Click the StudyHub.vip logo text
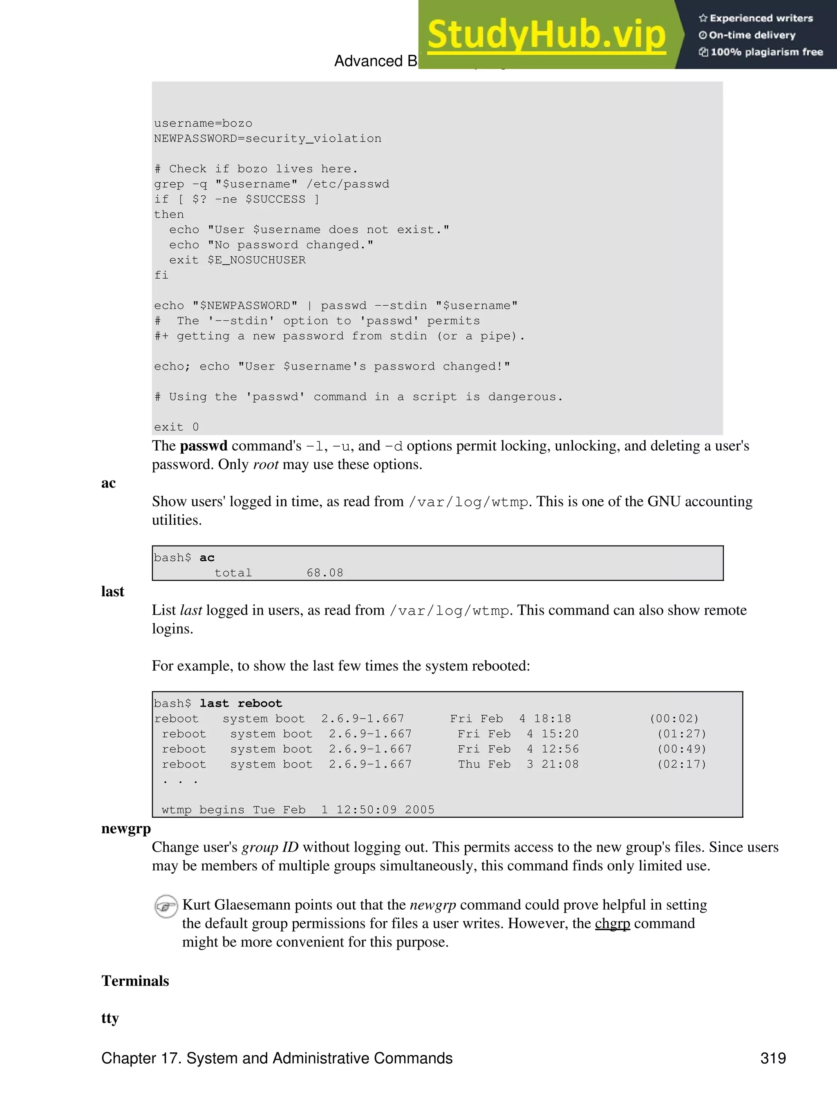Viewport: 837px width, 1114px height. [x=546, y=35]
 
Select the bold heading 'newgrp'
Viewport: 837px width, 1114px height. [x=126, y=828]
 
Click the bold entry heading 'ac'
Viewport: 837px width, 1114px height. [x=108, y=483]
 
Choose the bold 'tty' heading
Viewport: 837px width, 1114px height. [x=110, y=1018]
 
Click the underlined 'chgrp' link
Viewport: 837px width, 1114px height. [x=612, y=923]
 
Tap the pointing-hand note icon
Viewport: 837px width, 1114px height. [x=166, y=906]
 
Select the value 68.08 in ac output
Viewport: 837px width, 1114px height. [x=325, y=573]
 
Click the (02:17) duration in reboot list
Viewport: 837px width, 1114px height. [x=682, y=764]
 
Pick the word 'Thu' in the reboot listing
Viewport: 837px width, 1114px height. [x=469, y=764]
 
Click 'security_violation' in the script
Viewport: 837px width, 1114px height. [x=313, y=139]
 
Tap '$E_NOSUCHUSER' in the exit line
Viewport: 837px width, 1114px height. [x=256, y=260]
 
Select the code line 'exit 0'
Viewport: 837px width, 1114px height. [x=176, y=427]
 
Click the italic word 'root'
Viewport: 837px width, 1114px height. [x=265, y=464]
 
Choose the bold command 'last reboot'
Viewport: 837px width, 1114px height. [x=241, y=704]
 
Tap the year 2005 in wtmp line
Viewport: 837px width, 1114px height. [x=419, y=810]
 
